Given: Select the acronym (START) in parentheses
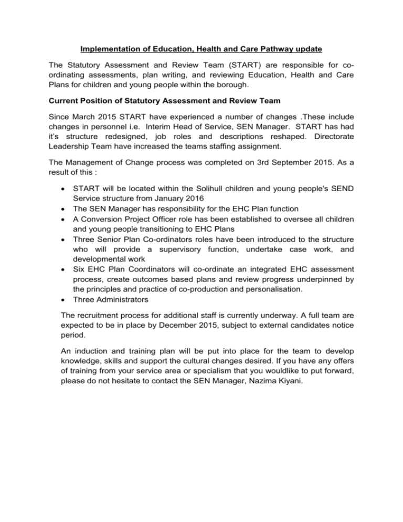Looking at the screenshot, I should [x=216, y=67].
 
